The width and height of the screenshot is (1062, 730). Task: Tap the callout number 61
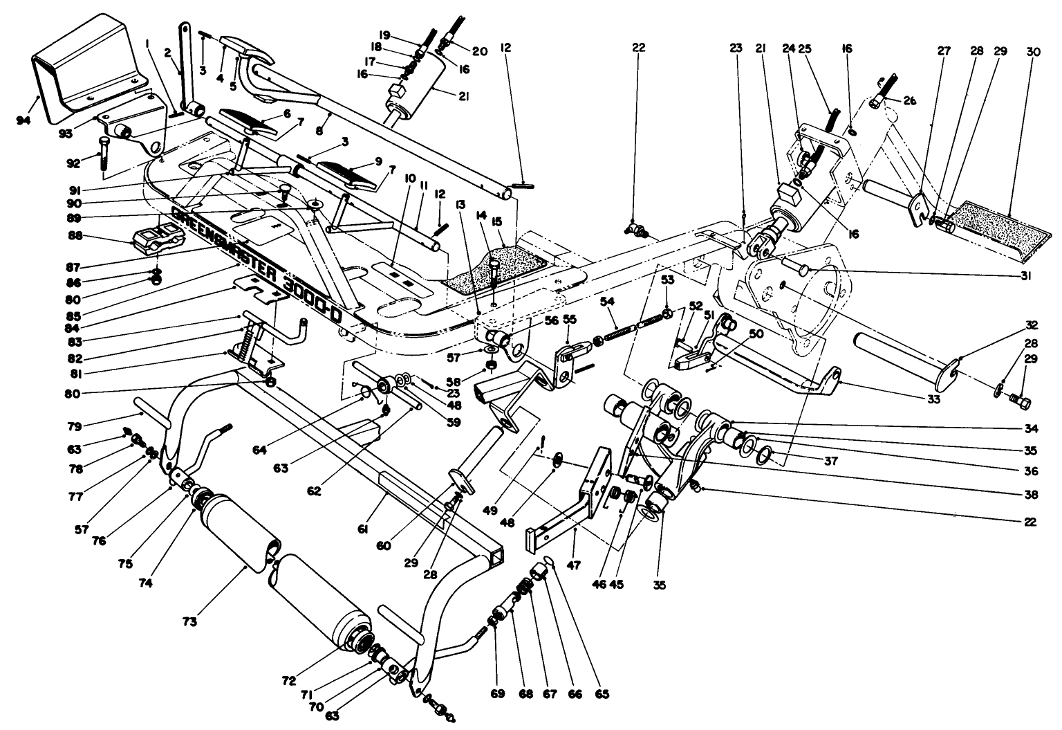[x=362, y=530]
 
